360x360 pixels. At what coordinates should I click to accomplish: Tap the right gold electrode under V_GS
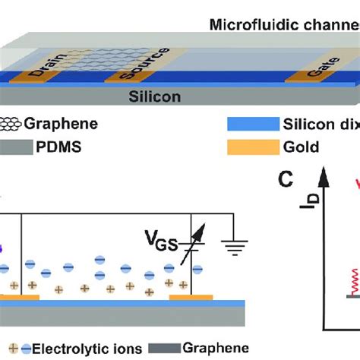tap(193, 298)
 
